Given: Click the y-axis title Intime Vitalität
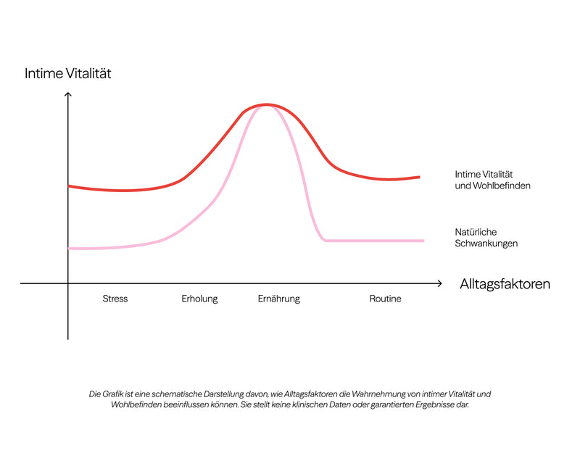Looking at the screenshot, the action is pyautogui.click(x=67, y=73).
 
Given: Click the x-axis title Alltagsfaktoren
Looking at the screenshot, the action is pyautogui.click(x=505, y=284).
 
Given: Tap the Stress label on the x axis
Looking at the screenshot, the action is pyautogui.click(x=115, y=299).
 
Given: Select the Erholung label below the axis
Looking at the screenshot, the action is pyautogui.click(x=199, y=299).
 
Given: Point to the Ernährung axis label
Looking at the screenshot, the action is pyautogui.click(x=279, y=299).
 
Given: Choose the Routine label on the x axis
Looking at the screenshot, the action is pyautogui.click(x=385, y=299).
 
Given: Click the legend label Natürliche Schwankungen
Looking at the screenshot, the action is pyautogui.click(x=486, y=238).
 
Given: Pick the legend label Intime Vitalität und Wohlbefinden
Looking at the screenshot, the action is pyautogui.click(x=492, y=180).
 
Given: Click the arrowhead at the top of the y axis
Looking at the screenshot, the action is pyautogui.click(x=67, y=93).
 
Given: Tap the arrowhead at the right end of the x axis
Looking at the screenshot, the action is pyautogui.click(x=441, y=283).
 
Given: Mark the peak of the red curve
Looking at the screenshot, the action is pyautogui.click(x=266, y=104).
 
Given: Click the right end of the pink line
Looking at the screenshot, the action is pyautogui.click(x=423, y=241).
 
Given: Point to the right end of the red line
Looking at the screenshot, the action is pyautogui.click(x=420, y=177).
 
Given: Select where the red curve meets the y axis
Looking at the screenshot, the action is pyautogui.click(x=68, y=186).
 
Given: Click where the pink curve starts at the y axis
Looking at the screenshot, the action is pyautogui.click(x=69, y=249).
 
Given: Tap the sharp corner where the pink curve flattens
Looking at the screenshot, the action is pyautogui.click(x=325, y=241).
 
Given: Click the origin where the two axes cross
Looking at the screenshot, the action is pyautogui.click(x=68, y=283).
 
